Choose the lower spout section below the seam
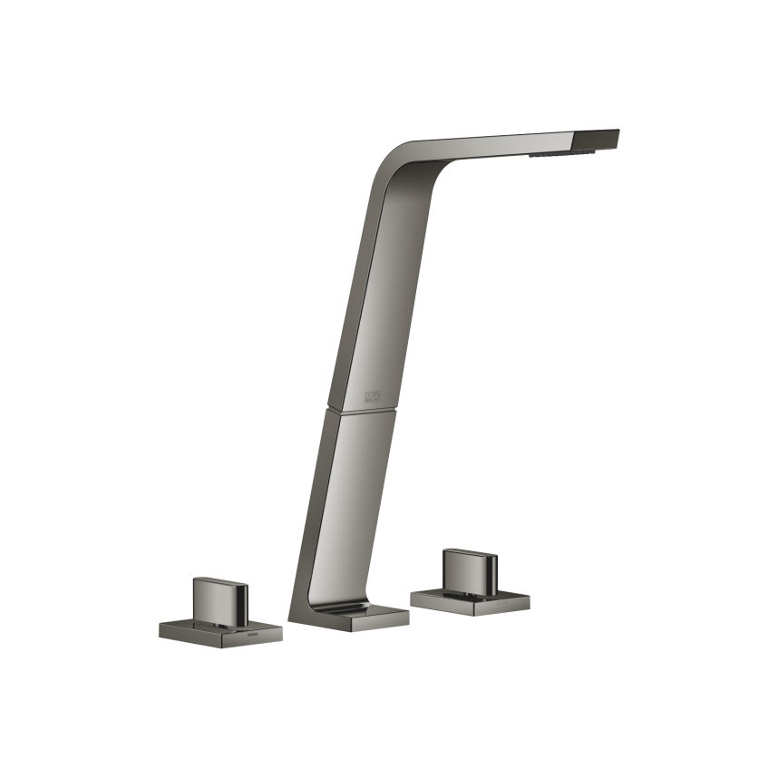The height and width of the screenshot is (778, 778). tap(349, 499)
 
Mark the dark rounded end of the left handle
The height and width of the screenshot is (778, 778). tap(242, 601)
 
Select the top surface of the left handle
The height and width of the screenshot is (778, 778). tap(219, 582)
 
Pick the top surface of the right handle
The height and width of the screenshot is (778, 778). tap(467, 554)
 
